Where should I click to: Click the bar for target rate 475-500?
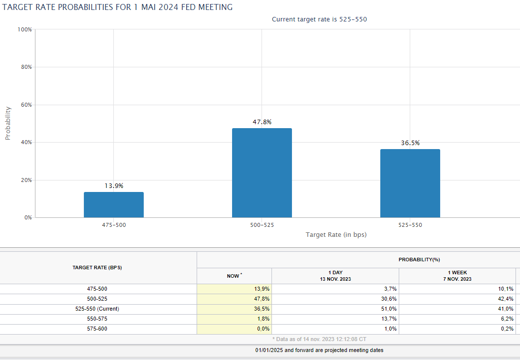(114, 205)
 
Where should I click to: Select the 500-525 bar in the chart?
(262, 173)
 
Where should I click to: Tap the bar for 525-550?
(410, 183)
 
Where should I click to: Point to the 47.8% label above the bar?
(262, 122)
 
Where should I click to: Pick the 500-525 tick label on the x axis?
(262, 225)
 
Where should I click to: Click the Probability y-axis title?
(8, 123)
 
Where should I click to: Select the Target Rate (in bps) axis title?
(336, 235)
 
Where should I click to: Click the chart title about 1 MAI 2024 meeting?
(117, 7)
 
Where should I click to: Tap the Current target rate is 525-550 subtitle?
(319, 19)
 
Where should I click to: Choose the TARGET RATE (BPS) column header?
(97, 268)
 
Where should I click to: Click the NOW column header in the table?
(234, 276)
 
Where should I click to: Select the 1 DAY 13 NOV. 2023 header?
(335, 276)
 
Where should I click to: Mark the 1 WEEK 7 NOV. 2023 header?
(457, 276)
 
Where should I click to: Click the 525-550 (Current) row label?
(97, 309)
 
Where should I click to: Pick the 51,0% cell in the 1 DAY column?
(389, 309)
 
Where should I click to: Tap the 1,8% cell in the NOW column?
(263, 319)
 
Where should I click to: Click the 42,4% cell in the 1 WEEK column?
(506, 299)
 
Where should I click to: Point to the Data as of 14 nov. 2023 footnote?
(319, 339)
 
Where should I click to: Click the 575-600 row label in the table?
(97, 329)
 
